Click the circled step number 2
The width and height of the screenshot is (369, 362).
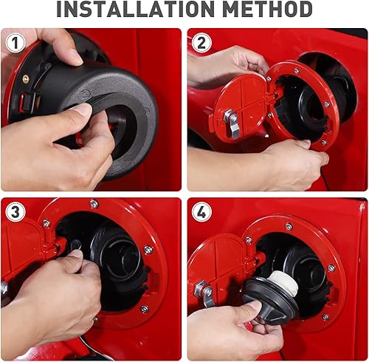coord(201,43)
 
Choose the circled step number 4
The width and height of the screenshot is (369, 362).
coord(201,212)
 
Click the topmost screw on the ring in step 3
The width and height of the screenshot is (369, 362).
coord(94,204)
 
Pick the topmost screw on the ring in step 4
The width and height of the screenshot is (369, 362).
coord(288,227)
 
